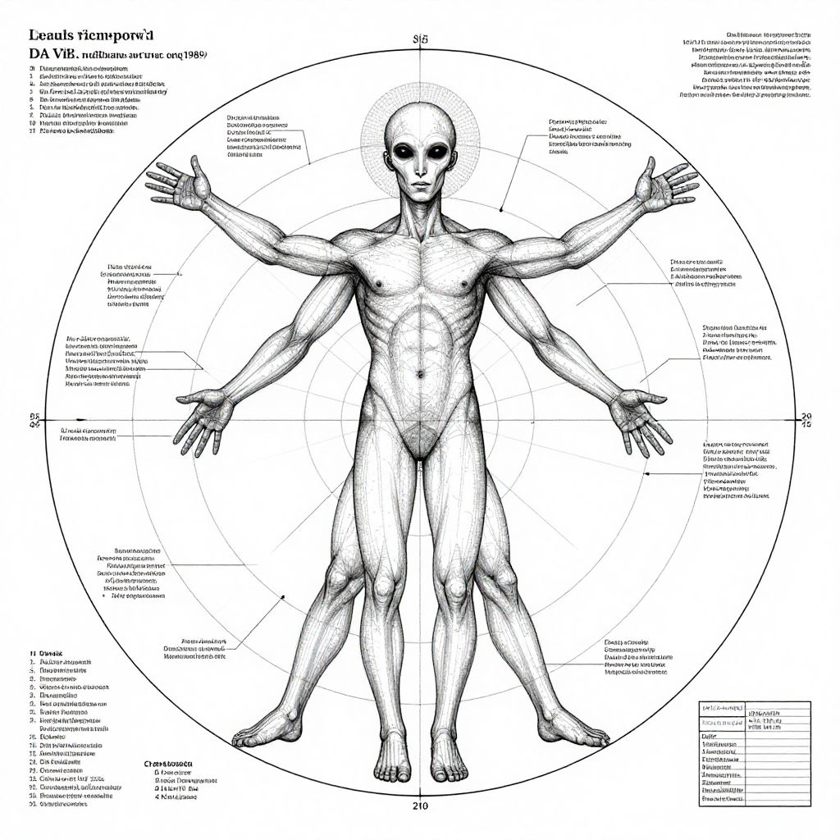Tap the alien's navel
click(x=419, y=374)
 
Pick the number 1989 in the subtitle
click(x=194, y=52)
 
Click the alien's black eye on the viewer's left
click(x=404, y=153)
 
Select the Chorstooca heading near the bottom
click(x=167, y=762)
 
